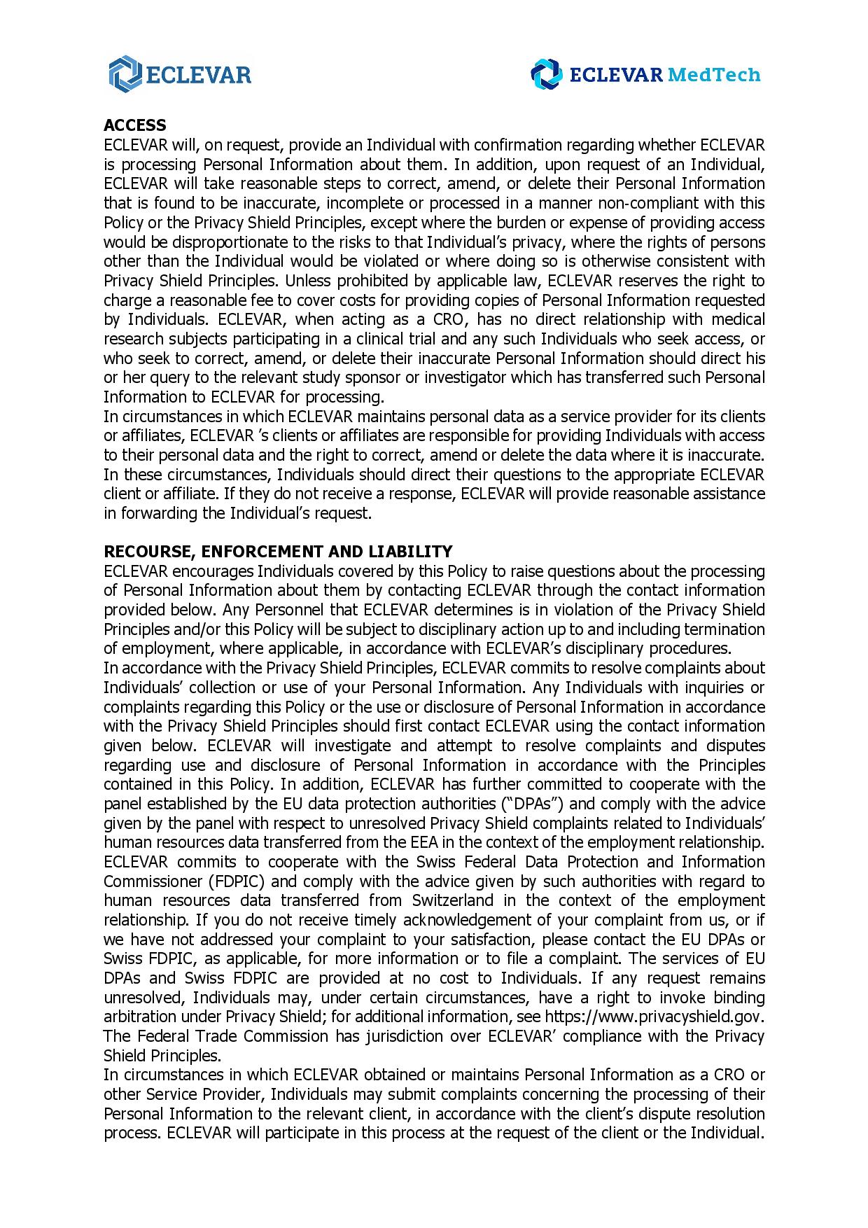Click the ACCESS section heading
(134, 125)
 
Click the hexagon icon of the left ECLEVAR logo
(125, 74)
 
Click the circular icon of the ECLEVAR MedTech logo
(546, 74)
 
